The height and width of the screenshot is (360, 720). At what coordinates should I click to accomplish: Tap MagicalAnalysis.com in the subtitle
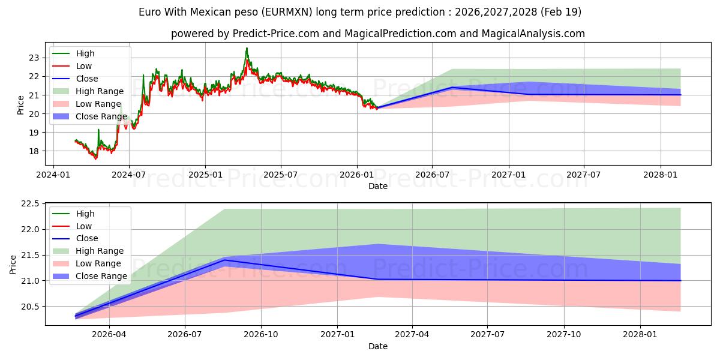(533, 34)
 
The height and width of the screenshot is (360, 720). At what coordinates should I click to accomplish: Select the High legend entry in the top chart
(85, 53)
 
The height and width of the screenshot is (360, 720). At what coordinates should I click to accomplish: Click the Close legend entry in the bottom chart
(87, 238)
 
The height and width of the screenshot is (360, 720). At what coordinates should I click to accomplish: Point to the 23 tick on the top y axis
(34, 58)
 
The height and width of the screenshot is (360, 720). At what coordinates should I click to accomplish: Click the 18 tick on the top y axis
(34, 151)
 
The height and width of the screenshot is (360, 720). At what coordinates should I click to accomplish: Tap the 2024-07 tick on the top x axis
(129, 175)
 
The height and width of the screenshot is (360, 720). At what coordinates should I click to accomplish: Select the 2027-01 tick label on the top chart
(509, 175)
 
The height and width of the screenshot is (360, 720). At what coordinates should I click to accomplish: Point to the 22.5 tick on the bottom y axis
(30, 204)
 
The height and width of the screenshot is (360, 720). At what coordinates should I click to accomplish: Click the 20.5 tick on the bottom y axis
(30, 307)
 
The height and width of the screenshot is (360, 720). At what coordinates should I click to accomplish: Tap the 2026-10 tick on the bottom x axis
(260, 335)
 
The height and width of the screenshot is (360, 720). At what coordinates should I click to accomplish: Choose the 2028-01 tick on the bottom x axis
(640, 335)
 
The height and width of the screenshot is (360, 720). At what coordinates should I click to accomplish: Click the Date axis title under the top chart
(377, 186)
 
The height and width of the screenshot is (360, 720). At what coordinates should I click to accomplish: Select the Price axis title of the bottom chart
(13, 265)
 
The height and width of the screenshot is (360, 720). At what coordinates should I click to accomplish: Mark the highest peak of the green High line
(247, 48)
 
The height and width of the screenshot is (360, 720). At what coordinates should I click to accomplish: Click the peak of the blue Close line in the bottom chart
(224, 260)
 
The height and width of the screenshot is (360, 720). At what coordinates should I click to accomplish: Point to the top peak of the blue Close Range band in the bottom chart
(378, 244)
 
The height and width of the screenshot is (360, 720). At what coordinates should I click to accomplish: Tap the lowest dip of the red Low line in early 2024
(95, 159)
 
